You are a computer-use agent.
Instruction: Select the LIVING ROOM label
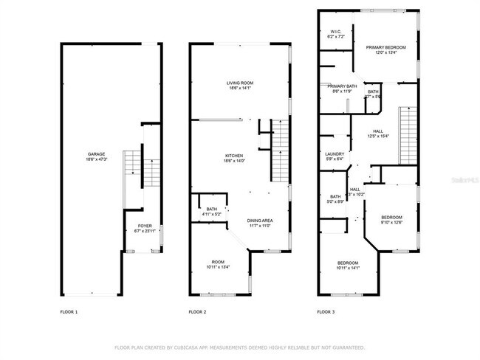tap(239, 83)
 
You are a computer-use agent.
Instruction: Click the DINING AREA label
tap(260, 221)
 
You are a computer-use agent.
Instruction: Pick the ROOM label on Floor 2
tap(218, 262)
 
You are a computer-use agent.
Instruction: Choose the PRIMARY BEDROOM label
tap(385, 46)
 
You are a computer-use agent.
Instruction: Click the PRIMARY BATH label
tap(342, 86)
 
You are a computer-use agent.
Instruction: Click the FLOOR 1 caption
tap(69, 312)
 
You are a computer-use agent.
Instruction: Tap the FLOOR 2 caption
tap(197, 312)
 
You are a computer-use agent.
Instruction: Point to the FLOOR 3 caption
tap(326, 312)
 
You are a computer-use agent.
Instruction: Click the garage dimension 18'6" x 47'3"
tap(97, 160)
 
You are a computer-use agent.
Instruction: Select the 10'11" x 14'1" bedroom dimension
tap(348, 269)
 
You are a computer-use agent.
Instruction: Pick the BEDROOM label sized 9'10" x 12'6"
tap(391, 217)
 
